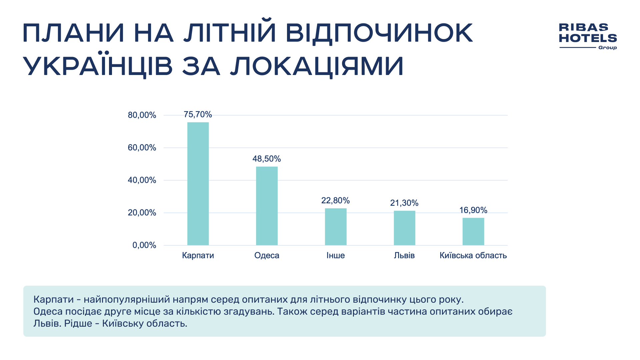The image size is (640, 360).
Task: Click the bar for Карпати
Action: tap(198, 184)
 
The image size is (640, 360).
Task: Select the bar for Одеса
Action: tap(267, 206)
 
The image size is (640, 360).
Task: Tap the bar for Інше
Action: tap(336, 227)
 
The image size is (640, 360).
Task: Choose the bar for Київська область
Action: tap(473, 231)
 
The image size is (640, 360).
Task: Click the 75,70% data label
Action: tap(198, 115)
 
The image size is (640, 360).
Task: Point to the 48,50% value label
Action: tap(267, 159)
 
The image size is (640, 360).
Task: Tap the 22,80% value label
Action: tap(335, 200)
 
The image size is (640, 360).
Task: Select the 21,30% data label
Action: tap(404, 203)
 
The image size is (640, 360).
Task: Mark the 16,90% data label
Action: tap(473, 210)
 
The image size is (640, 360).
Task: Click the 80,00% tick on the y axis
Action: tap(142, 115)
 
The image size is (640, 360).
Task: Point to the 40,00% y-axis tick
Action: tap(142, 180)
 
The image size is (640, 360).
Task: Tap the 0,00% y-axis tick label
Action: tap(144, 245)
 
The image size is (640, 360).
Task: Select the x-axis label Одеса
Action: tap(267, 255)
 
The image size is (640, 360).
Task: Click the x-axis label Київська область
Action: tap(473, 255)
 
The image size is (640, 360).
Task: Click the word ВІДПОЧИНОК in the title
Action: tap(379, 33)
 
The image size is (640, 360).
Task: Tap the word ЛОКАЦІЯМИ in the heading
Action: tap(317, 66)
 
